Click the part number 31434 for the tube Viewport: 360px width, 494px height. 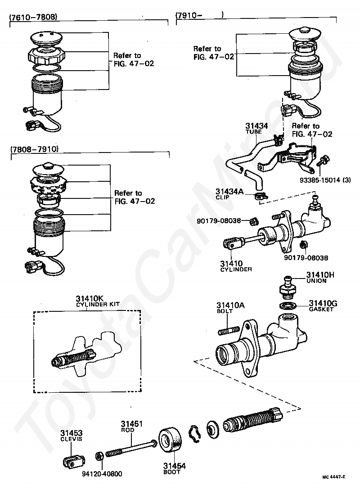(256, 126)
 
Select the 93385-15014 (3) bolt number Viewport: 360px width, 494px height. (325, 180)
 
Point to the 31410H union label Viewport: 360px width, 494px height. (320, 277)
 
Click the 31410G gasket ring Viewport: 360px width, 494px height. (288, 305)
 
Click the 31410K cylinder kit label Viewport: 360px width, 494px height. (98, 301)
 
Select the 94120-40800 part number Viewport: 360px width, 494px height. (102, 474)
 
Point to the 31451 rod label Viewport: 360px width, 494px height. (132, 426)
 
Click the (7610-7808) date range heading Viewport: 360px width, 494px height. (34, 17)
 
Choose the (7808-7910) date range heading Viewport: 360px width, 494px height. (35, 149)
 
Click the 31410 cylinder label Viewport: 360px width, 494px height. (236, 266)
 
